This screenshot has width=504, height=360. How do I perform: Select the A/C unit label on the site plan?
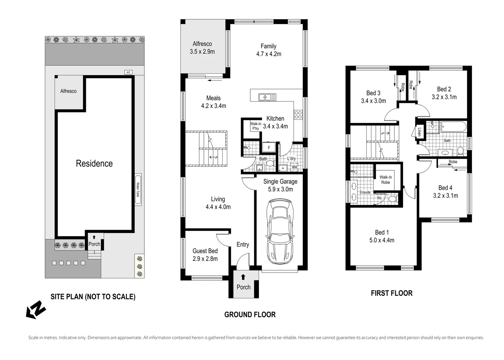(128, 72)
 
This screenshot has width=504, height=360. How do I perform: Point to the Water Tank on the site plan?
(138, 190)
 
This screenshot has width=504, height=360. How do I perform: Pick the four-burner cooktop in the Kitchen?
(298, 115)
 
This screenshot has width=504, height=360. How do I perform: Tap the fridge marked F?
(269, 148)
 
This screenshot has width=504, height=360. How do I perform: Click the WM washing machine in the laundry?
(294, 167)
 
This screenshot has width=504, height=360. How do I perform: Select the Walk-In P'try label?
(256, 126)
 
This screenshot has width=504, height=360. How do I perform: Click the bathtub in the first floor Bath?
(454, 127)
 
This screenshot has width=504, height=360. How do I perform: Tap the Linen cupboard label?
(419, 132)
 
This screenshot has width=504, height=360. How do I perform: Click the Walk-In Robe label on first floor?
(386, 180)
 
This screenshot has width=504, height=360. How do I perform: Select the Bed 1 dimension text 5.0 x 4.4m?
(382, 240)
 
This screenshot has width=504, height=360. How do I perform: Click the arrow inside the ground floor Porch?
(243, 277)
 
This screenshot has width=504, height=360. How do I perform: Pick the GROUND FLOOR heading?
(250, 315)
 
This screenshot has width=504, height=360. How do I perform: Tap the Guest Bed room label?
(205, 251)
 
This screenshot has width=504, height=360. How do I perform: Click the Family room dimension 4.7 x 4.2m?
(268, 54)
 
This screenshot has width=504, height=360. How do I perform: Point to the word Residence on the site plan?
(94, 163)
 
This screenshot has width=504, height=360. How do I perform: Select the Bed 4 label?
(445, 188)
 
